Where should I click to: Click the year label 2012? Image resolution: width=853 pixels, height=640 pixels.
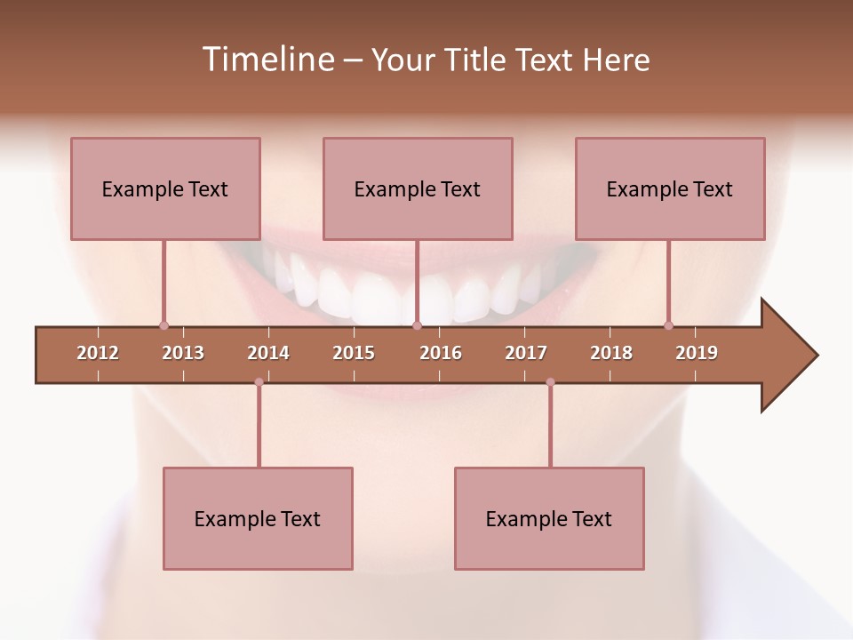pyautogui.click(x=98, y=353)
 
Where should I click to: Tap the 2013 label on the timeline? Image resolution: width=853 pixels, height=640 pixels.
pyautogui.click(x=183, y=353)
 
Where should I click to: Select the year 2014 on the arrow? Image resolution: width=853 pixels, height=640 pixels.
pyautogui.click(x=268, y=353)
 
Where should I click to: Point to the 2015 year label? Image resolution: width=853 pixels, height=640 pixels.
pyautogui.click(x=354, y=353)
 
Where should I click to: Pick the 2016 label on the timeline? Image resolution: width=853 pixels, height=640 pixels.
pyautogui.click(x=441, y=353)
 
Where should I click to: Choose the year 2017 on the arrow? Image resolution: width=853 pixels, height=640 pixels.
pyautogui.click(x=526, y=353)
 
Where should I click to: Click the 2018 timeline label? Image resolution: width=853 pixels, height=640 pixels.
pyautogui.click(x=611, y=353)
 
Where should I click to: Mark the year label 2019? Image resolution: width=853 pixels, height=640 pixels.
pyautogui.click(x=697, y=353)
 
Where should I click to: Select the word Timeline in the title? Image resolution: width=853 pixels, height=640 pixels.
pyautogui.click(x=266, y=60)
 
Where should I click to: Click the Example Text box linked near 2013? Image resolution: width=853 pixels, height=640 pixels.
pyautogui.click(x=165, y=188)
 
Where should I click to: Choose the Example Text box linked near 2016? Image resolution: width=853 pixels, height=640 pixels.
pyautogui.click(x=418, y=188)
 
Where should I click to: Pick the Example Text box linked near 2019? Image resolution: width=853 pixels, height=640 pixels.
pyautogui.click(x=670, y=188)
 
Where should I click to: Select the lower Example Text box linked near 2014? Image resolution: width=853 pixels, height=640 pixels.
pyautogui.click(x=258, y=518)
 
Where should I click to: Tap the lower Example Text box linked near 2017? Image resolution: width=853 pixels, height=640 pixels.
pyautogui.click(x=549, y=518)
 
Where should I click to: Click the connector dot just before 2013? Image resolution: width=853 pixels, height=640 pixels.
pyautogui.click(x=163, y=325)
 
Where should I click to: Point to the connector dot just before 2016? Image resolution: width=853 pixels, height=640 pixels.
pyautogui.click(x=417, y=325)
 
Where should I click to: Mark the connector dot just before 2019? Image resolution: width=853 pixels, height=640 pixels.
pyautogui.click(x=668, y=325)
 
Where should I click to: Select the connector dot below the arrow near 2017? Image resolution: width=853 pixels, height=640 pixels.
pyautogui.click(x=550, y=382)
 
